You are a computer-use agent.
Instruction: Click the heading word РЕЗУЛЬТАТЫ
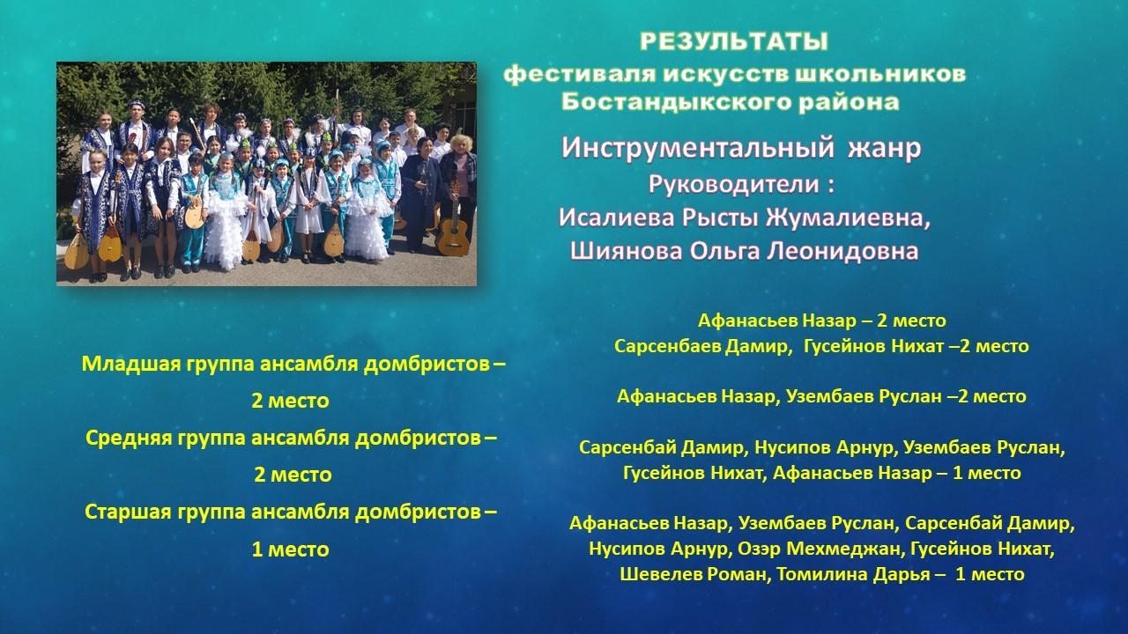734,41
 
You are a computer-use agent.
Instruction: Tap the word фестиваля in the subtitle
580,74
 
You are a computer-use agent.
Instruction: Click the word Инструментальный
697,149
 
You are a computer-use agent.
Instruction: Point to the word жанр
885,149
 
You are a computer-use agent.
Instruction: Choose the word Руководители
733,184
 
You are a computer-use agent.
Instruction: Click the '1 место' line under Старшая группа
291,549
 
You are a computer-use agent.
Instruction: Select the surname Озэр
759,549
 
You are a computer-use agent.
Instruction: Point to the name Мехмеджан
843,549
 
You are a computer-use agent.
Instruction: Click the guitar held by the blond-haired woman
453,229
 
